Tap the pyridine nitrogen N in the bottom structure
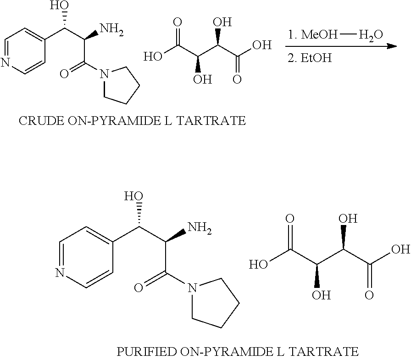pos(60,274)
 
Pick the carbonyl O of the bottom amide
pos(138,288)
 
